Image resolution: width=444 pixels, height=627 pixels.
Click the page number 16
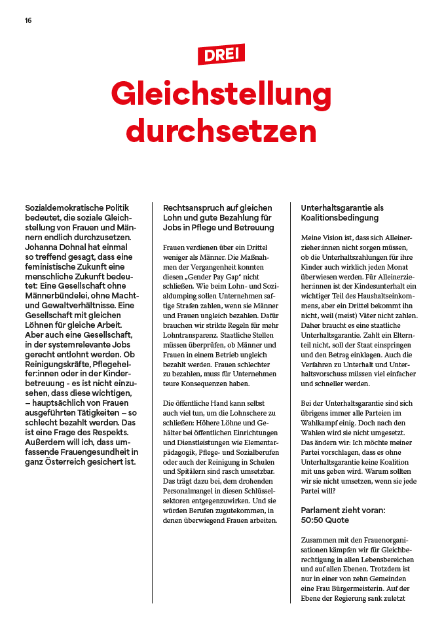[28, 20]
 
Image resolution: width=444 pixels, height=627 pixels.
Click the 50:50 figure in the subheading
[312, 520]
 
